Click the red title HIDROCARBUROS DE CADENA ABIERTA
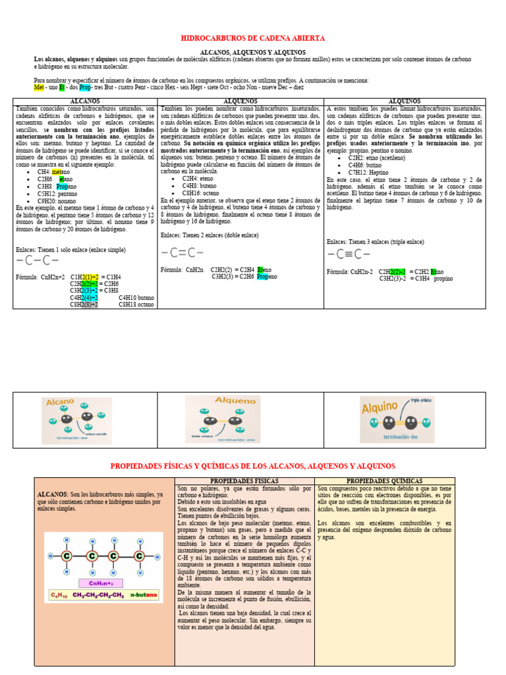(253, 39)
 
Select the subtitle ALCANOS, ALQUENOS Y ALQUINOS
(253, 52)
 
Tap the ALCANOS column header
(85, 102)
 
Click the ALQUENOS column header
(240, 102)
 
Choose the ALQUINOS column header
(405, 102)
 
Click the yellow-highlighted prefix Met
(39, 87)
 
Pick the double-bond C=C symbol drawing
(182, 252)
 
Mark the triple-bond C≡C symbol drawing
(349, 254)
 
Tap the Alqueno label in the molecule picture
(235, 401)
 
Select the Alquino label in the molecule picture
(381, 408)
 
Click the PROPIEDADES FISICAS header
(244, 481)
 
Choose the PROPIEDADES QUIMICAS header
(384, 481)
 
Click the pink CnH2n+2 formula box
(101, 583)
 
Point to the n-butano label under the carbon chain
(144, 595)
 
